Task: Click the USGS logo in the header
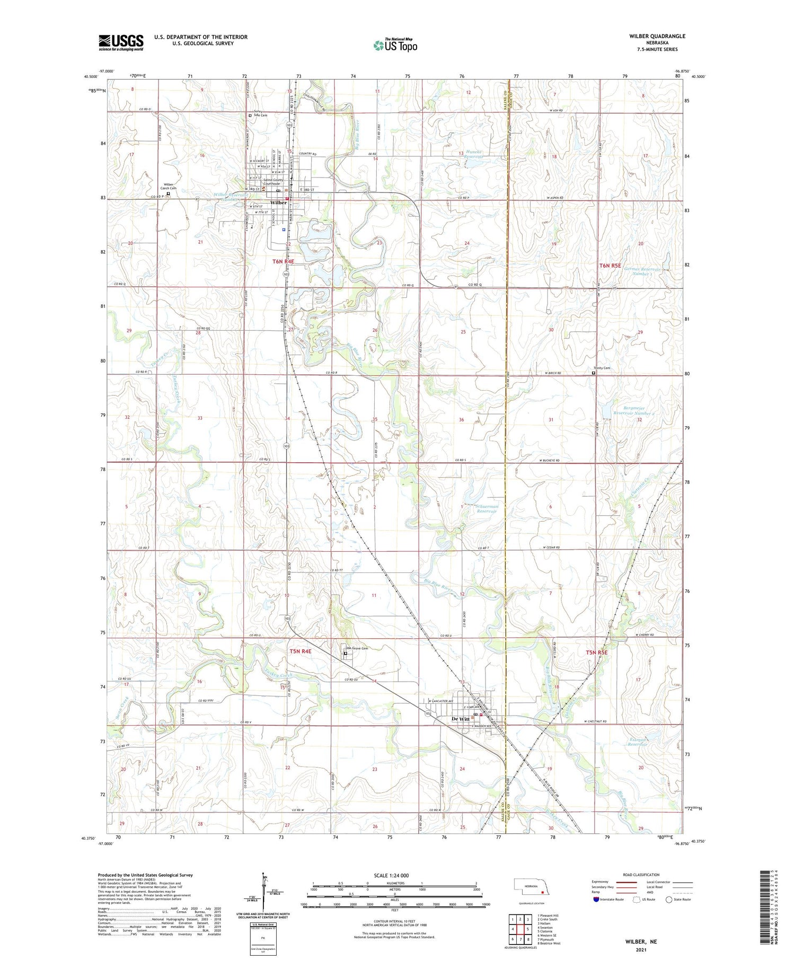tap(121, 42)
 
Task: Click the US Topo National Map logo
tap(395, 45)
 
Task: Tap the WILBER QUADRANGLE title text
tap(657, 36)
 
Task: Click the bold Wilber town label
tap(278, 202)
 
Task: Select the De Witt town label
tap(460, 719)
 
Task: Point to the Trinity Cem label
tap(602, 368)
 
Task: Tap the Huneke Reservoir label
tap(474, 155)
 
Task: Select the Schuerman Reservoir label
tap(487, 509)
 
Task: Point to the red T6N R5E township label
tap(609, 265)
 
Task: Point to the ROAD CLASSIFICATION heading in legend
tap(641, 875)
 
